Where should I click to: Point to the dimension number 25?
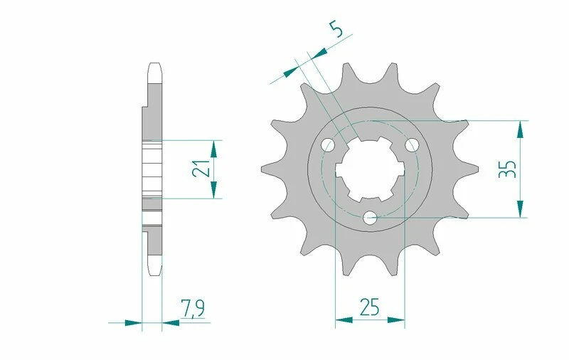point(369,307)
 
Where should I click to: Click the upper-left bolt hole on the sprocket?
point(328,145)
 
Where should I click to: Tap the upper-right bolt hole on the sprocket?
point(411,144)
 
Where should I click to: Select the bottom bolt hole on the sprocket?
point(369,218)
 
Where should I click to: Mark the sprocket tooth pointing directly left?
point(267,169)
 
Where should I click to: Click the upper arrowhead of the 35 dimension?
point(521,129)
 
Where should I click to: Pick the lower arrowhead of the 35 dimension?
point(521,208)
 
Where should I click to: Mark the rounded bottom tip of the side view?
point(156,270)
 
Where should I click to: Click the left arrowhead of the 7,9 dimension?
point(133,322)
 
